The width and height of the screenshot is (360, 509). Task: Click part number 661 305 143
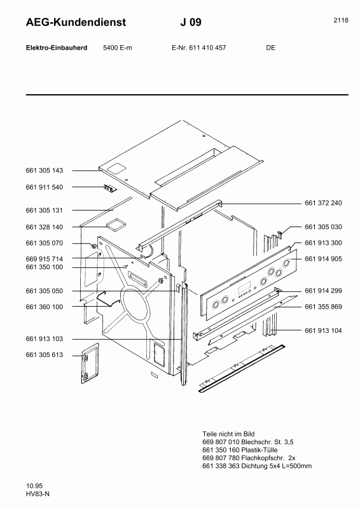point(44,171)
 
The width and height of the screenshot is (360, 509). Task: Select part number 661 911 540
point(44,188)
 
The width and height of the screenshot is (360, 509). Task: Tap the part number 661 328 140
point(44,227)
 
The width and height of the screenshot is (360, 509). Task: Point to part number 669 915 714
point(44,259)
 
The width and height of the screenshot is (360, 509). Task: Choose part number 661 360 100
point(44,307)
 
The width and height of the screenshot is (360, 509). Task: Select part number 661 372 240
point(323,203)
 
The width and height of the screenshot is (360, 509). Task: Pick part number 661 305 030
point(323,227)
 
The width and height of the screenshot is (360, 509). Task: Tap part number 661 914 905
point(323,259)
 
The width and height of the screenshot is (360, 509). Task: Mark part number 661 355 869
point(323,307)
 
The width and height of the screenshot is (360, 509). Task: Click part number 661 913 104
point(323,331)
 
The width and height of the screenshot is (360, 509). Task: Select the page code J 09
point(191,23)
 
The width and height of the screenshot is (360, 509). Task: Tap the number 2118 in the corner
point(340,20)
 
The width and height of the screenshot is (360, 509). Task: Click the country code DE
point(271,48)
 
